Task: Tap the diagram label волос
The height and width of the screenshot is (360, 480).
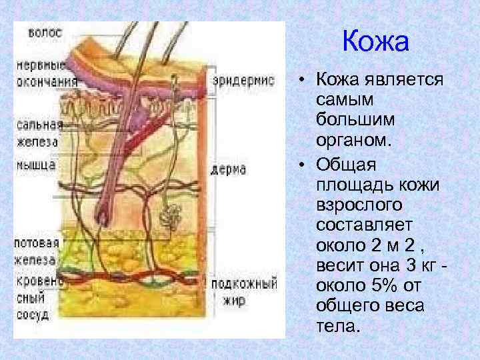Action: coord(45,31)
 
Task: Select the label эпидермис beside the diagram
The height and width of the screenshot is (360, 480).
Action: coord(243,81)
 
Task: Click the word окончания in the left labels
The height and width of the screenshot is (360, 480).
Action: coord(45,81)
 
